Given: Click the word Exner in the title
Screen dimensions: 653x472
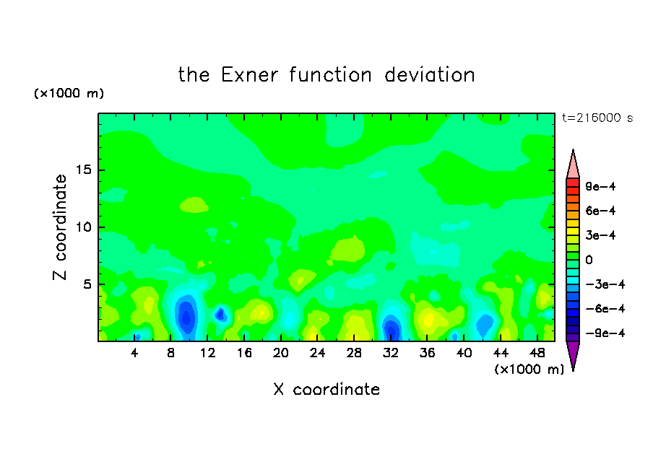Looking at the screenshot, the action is pos(249,75).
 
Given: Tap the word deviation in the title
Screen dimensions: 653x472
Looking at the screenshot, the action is pos(429,75).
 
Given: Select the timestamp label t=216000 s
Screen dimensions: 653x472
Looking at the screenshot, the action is pos(597,118).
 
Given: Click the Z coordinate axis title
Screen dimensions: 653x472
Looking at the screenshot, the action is pos(59,227).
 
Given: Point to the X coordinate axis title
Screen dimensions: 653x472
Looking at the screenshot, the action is pos(326,389).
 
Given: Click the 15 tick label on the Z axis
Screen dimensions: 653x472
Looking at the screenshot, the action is pos(83,170).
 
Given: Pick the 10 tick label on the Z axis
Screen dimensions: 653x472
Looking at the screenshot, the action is pos(83,227).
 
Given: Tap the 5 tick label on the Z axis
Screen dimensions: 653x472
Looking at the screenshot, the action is pos(87,284).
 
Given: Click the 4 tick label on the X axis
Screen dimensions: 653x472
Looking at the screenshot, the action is pos(134,353).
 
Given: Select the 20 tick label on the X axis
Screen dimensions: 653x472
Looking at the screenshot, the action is pos(281,353).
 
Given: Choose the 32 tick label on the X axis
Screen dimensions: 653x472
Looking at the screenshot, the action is pos(391,353).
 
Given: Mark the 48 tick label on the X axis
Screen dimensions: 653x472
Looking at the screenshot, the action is pos(537,353).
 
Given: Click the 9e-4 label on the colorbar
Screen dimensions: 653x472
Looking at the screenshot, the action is pos(600,186).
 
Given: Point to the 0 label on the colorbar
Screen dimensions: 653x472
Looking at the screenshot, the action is pos(589,260).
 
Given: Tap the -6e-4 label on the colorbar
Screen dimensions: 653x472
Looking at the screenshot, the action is pos(605,309).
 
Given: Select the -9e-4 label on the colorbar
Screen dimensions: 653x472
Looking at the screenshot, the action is pos(605,333).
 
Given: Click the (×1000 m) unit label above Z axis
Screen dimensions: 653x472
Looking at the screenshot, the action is pos(69,93).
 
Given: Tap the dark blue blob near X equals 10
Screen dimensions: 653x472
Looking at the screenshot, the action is pos(186,315).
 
